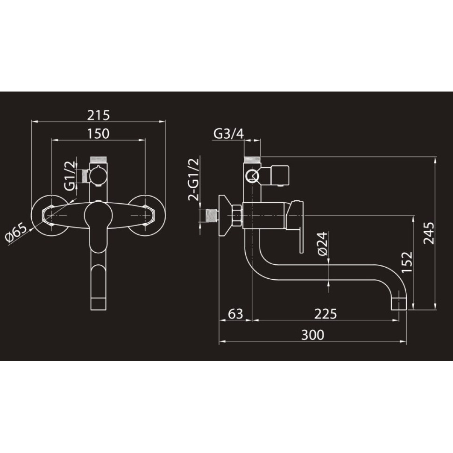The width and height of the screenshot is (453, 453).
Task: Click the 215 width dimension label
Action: coord(99,115)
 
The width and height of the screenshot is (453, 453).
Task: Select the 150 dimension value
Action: coord(99,134)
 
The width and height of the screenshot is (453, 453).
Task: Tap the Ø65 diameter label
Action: coord(16,233)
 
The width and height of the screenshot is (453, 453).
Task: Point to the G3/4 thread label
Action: coord(228,134)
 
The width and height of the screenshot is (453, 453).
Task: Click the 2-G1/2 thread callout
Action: coord(193,179)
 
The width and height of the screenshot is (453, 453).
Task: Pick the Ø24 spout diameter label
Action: coord(323,244)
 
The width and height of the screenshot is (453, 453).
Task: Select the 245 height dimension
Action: coord(429,233)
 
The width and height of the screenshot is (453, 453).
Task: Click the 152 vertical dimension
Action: coord(407,262)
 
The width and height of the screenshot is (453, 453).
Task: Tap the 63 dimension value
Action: coord(236,314)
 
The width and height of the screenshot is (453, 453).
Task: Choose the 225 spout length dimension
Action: coord(326,314)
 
